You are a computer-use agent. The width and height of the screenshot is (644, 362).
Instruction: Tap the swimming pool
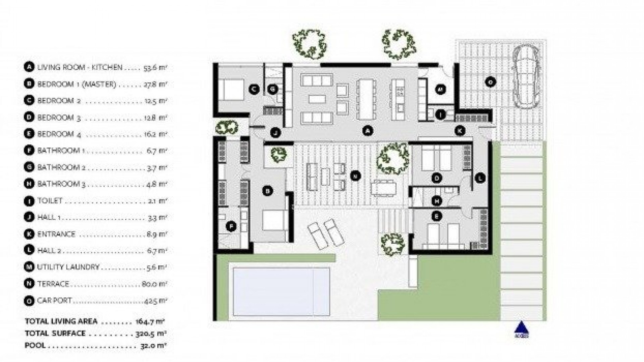coord(281,292)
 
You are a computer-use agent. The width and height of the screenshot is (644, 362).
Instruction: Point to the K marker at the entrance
coord(460,131)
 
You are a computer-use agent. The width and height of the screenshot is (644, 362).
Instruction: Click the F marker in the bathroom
coord(231,227)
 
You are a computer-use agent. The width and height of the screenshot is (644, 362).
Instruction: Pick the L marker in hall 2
coord(480,178)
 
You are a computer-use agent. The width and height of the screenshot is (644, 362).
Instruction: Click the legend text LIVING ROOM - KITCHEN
coord(80,67)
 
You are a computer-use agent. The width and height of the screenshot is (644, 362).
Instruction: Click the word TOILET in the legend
coord(50,201)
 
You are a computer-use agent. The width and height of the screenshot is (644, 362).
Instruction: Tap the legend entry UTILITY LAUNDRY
coord(68,267)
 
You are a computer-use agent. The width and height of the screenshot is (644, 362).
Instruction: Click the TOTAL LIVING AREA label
coord(61,321)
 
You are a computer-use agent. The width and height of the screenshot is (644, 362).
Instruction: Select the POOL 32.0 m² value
coord(154,345)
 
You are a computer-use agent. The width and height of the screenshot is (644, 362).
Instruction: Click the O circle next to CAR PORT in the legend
coord(29,301)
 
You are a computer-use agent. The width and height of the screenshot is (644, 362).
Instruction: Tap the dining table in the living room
coord(366,99)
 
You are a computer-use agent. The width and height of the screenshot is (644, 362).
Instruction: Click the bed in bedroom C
coord(233,89)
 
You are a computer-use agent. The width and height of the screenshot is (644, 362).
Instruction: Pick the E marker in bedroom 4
coord(436,217)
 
